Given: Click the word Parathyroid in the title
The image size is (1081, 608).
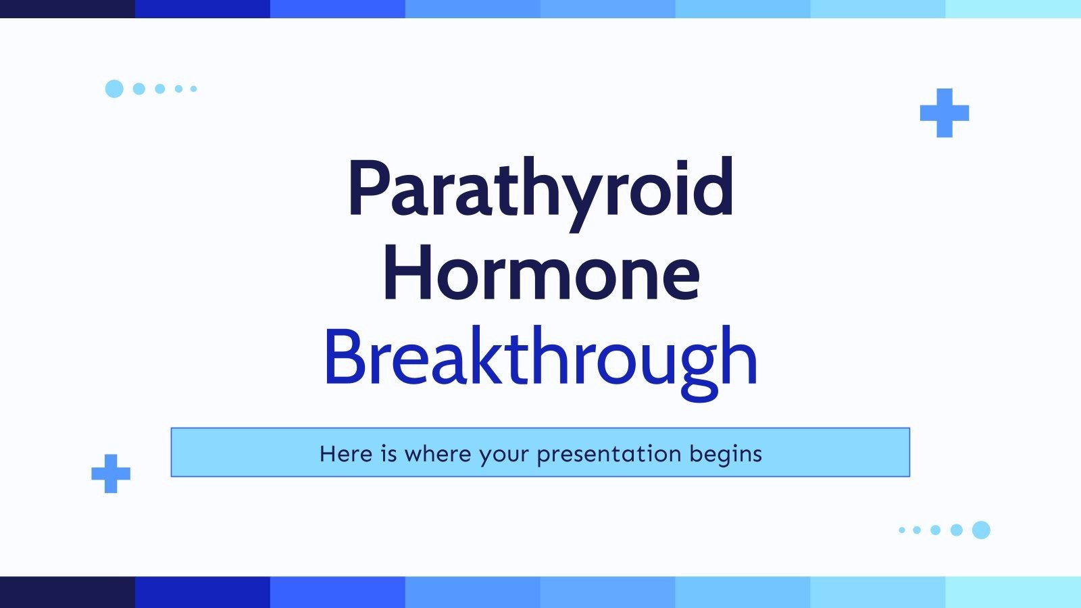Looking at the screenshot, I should tap(540, 189).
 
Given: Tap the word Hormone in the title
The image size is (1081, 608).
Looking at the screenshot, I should tap(540, 274).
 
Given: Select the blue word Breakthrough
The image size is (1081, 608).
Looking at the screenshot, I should tap(540, 357).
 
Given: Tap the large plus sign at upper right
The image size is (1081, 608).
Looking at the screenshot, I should tap(944, 113).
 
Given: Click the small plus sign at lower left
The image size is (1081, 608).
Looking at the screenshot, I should tap(111, 473).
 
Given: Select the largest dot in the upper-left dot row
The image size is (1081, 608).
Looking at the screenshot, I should tap(114, 88).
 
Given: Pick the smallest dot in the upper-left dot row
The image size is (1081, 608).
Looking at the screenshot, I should tap(194, 88).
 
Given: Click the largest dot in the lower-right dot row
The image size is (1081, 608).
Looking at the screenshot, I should tap(981, 530).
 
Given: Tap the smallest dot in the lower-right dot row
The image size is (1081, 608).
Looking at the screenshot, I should tap(902, 530).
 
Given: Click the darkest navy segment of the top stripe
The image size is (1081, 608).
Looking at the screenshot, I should tap(68, 9).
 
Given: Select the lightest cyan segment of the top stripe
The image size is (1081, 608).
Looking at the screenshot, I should tap(1013, 9).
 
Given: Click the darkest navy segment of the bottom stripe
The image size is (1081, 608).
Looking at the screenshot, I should tap(68, 592).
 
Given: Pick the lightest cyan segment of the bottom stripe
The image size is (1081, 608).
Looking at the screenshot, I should tap(1013, 592).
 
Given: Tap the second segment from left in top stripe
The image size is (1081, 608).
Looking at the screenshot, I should tap(203, 9).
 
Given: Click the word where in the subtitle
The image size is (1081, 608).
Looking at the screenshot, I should tap(437, 453).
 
